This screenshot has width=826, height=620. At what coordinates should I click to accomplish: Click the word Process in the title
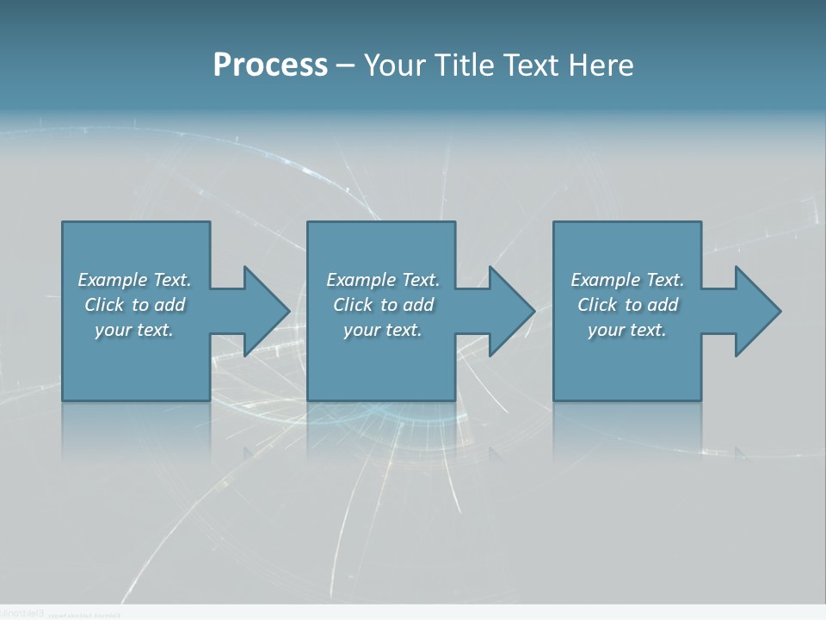270,65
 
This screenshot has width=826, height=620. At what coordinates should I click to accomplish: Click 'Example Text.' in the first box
135,280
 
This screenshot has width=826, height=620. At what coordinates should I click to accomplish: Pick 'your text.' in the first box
135,330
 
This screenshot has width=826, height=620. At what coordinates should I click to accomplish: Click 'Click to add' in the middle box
383,305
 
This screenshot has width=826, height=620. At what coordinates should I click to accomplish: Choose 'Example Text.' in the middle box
383,280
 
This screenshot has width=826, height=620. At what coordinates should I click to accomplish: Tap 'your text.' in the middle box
383,330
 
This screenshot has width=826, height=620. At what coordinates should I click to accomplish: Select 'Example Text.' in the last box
627,280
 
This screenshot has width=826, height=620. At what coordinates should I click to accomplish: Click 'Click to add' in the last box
627,305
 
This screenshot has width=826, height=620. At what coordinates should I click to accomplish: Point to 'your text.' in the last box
627,330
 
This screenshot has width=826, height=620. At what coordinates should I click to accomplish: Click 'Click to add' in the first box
135,305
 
